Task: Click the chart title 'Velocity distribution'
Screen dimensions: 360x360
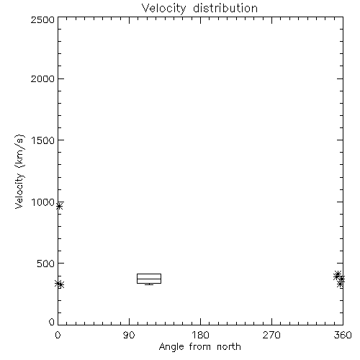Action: [199, 9]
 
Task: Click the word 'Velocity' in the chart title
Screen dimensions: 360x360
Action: [163, 9]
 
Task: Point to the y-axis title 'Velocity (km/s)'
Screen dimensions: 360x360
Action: [19, 171]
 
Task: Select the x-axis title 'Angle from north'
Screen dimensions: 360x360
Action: [199, 346]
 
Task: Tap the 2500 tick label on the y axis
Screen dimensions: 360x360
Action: [43, 19]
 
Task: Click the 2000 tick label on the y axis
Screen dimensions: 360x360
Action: [43, 78]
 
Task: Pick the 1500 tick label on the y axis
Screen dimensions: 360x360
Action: [43, 140]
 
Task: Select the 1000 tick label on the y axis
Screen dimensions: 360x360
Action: [43, 202]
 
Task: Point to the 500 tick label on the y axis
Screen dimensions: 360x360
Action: [46, 264]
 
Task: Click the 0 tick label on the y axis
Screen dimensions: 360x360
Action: [52, 322]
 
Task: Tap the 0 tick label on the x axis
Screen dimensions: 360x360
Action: [58, 335]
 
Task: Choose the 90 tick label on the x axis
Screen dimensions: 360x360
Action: [129, 335]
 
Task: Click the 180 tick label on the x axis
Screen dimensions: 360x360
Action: [200, 335]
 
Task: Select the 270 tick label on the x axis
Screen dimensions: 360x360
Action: [271, 335]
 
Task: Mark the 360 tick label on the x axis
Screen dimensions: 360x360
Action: [343, 335]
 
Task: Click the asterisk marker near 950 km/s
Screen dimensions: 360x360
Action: [59, 206]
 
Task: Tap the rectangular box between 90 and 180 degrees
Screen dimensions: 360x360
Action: [149, 274]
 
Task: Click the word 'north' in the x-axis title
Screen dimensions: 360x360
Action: [229, 346]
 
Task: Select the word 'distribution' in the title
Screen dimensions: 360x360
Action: [225, 8]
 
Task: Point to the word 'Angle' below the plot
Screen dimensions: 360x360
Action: [171, 347]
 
